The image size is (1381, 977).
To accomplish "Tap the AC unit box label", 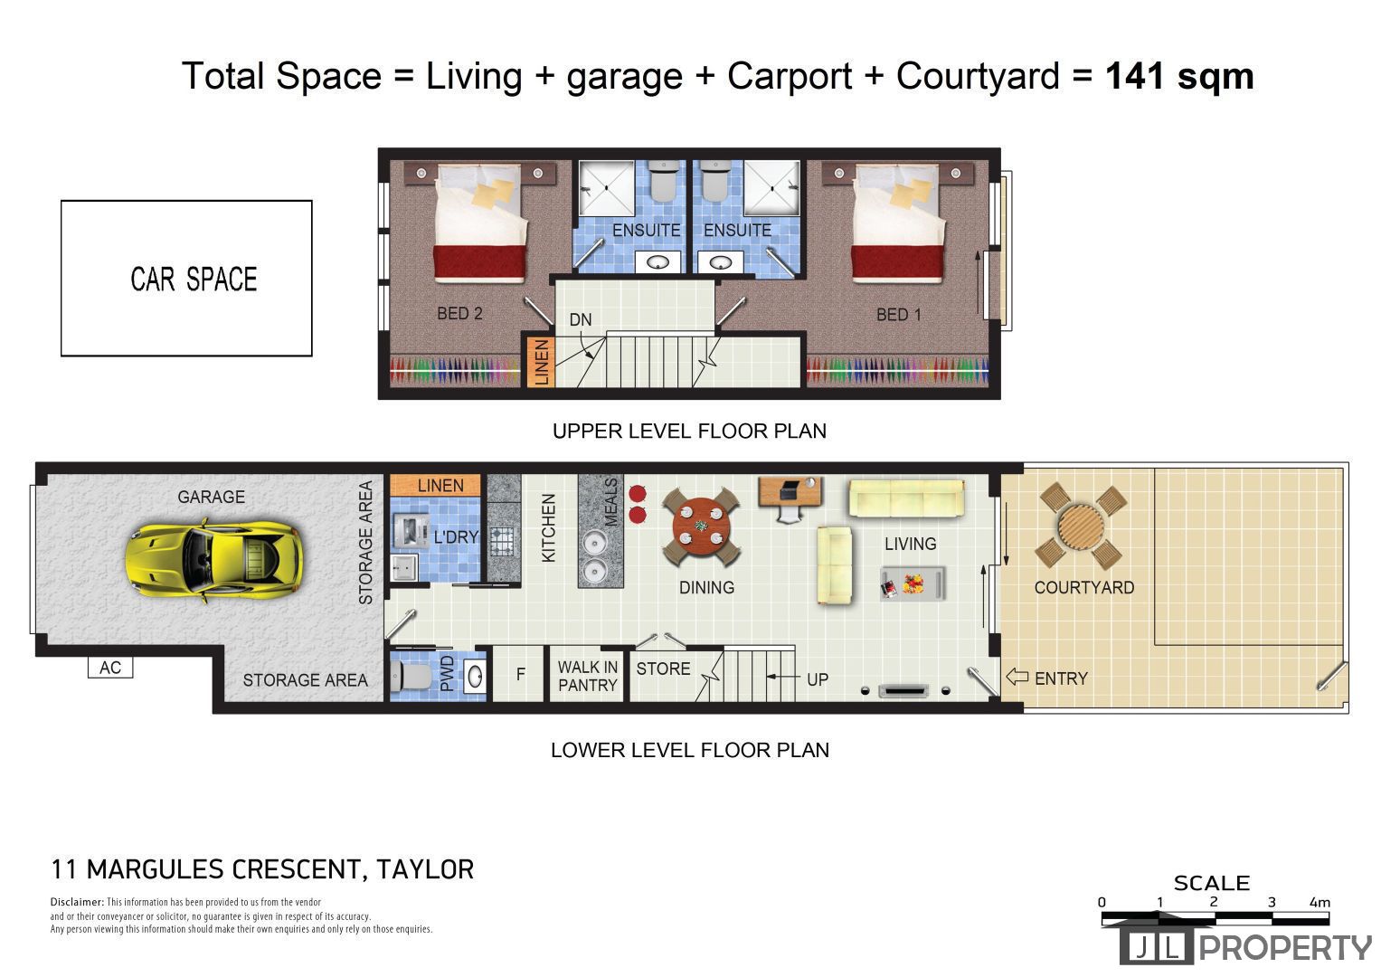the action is (x=110, y=668).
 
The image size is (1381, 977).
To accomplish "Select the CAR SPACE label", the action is (x=194, y=279).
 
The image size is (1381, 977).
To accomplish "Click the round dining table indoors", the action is (x=701, y=527).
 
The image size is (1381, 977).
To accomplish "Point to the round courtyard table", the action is (x=1081, y=526).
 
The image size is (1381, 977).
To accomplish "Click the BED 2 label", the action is (x=459, y=313).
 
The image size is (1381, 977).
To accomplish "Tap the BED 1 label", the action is (x=899, y=315).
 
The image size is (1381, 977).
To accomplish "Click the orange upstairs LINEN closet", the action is (x=541, y=362).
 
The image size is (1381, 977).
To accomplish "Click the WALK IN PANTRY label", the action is (x=588, y=676).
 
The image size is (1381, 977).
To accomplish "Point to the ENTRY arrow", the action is (x=1017, y=677).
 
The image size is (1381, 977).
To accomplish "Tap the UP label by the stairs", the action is (x=818, y=679).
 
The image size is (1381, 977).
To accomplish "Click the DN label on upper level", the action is (x=580, y=319).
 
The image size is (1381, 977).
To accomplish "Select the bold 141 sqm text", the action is (x=1178, y=76).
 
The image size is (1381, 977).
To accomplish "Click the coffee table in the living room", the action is (x=913, y=583).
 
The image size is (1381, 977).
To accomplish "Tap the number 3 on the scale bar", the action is (x=1271, y=902).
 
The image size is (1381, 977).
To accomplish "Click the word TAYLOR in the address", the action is (x=425, y=869).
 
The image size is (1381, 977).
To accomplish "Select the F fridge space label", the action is (x=520, y=674).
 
